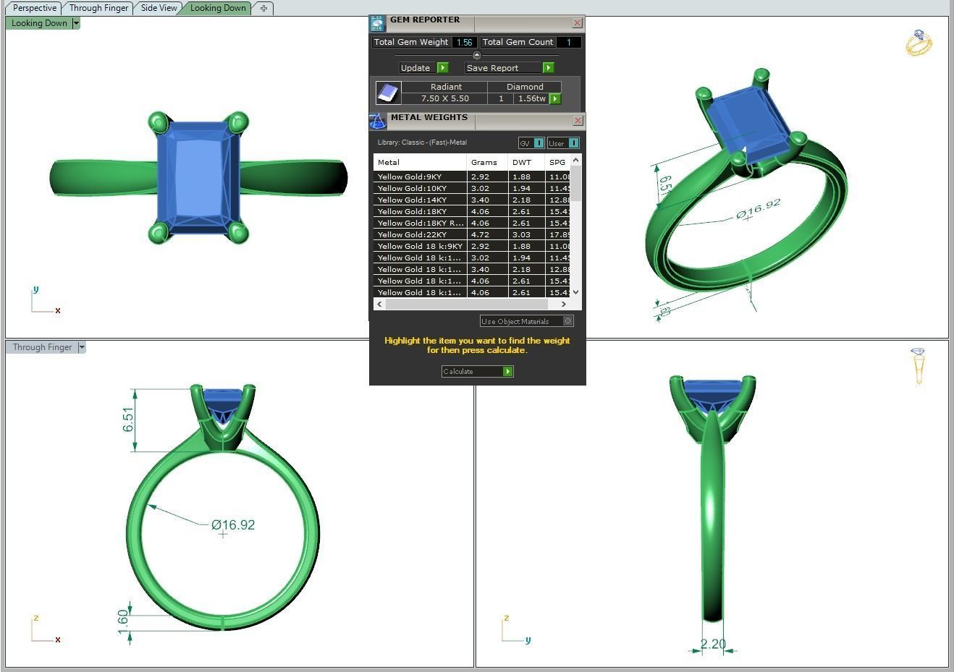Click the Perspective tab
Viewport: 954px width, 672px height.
(34, 8)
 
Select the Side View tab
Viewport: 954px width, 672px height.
(159, 8)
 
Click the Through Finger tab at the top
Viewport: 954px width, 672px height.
(98, 8)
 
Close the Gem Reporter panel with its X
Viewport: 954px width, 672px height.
(577, 23)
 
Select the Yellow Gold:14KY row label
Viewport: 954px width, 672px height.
(412, 200)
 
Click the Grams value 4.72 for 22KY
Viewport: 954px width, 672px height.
(481, 234)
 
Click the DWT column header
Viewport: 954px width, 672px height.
(522, 162)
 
